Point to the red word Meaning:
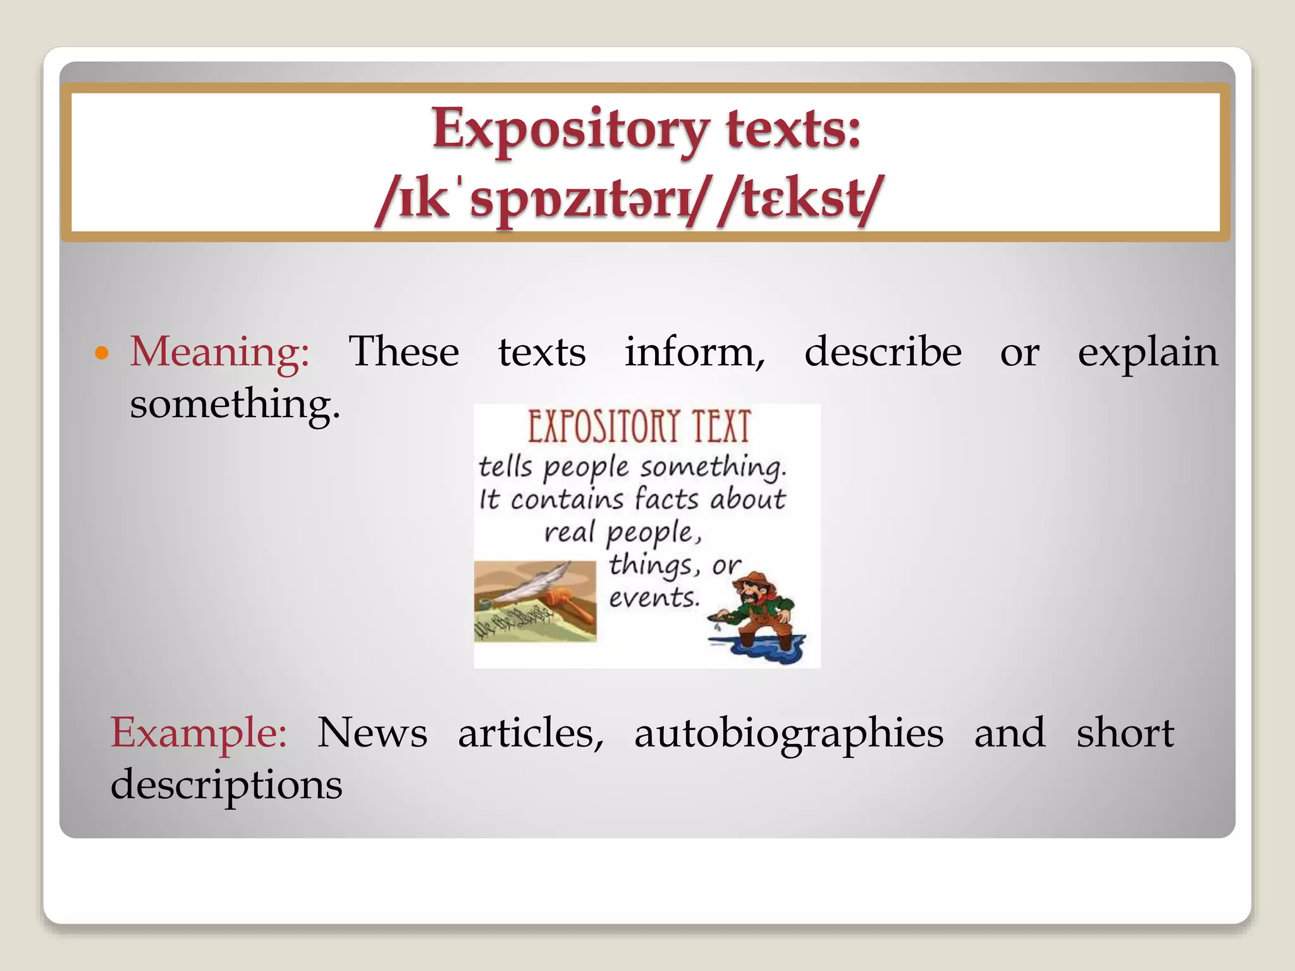coord(219,353)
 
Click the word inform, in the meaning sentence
coord(694,353)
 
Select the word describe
coord(883,353)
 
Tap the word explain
coord(1147,353)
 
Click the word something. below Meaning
coord(235,405)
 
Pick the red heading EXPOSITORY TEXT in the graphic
coord(639,427)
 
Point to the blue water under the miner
coord(759,648)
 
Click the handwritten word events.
coord(654,598)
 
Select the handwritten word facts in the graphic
coord(666,499)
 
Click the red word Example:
coord(199,733)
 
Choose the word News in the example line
coord(372,733)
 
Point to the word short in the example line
coord(1125,733)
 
